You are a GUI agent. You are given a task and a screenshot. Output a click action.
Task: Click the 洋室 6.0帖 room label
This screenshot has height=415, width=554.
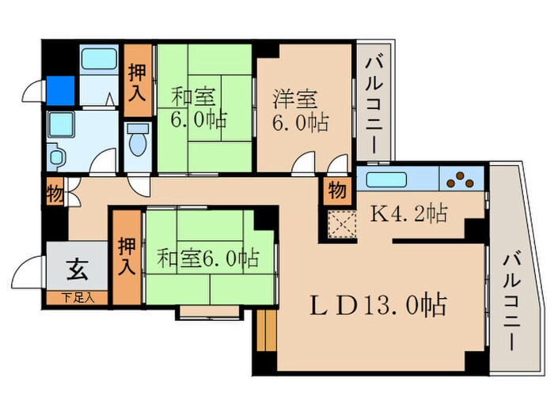tap(301, 111)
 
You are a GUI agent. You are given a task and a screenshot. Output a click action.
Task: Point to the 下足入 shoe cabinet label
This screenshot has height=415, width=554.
tap(79, 298)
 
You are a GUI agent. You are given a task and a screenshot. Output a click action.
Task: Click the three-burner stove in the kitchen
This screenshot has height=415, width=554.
tap(459, 181)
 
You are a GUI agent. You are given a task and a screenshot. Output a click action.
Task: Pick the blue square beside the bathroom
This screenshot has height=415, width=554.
tap(61, 89)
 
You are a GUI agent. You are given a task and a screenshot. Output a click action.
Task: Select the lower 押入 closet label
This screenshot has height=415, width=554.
tap(126, 256)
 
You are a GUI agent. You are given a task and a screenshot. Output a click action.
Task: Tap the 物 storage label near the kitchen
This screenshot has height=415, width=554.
tap(337, 191)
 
